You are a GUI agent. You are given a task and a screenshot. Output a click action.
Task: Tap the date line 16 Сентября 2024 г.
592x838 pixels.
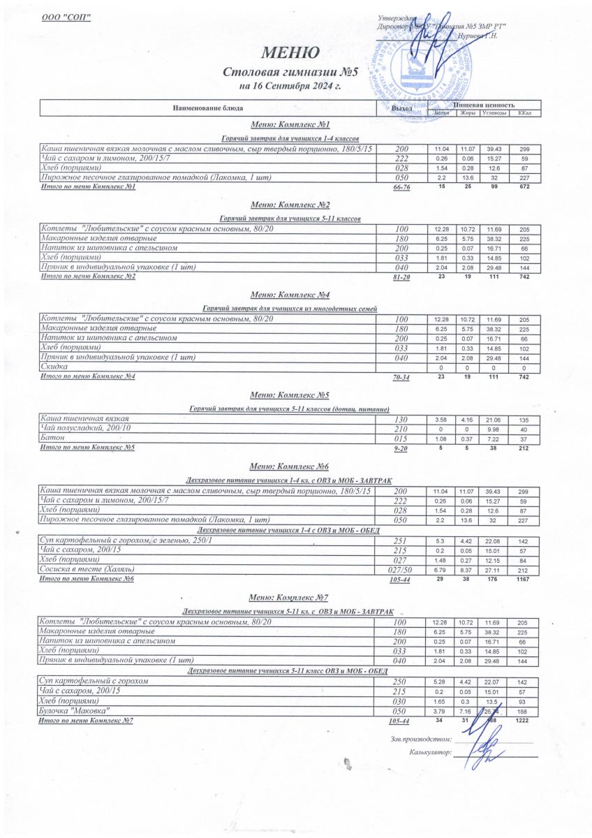289,87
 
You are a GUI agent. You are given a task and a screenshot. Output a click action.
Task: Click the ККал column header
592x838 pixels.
524,112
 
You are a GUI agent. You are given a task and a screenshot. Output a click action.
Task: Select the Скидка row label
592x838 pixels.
54,366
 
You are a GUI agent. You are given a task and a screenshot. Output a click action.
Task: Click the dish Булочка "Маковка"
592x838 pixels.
77,710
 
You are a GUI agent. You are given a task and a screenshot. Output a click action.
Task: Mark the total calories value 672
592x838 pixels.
524,187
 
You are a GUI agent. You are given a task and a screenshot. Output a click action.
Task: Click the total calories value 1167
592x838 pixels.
524,579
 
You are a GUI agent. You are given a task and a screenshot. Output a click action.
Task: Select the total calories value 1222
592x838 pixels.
524,720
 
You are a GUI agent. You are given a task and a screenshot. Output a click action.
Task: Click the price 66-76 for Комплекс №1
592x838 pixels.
401,188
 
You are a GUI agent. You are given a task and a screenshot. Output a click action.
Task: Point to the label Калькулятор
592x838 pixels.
429,753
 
